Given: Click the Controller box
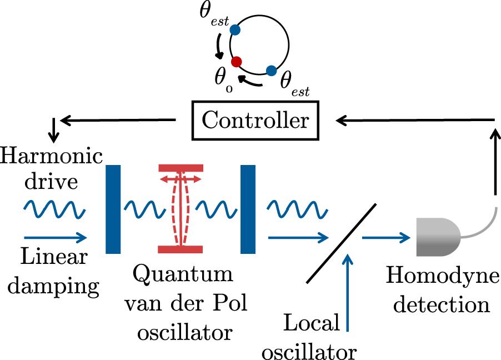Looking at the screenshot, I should (255, 120).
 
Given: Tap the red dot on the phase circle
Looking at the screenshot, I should (237, 61).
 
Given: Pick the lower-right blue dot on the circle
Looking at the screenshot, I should (271, 71).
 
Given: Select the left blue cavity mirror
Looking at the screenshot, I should (113, 209).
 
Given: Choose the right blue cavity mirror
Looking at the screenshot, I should (248, 209).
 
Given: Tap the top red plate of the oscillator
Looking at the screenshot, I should (182, 168).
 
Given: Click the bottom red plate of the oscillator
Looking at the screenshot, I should (182, 249).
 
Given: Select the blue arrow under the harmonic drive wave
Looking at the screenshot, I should (55, 238).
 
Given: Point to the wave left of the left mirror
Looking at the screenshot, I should (53, 209).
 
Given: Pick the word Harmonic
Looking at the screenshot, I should (52, 156).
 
